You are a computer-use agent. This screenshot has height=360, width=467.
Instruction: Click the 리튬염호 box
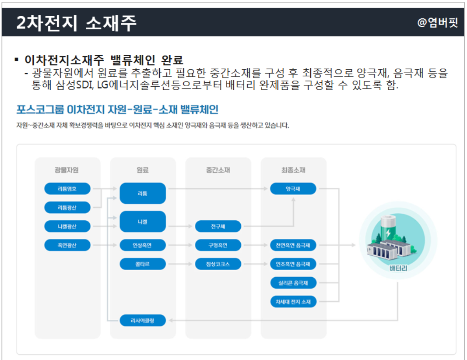pyautogui.click(x=67, y=189)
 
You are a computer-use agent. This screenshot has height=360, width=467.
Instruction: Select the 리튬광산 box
pyautogui.click(x=67, y=208)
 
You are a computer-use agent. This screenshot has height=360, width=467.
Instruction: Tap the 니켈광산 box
pyautogui.click(x=67, y=226)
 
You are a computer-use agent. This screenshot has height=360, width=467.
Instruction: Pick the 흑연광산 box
pyautogui.click(x=67, y=245)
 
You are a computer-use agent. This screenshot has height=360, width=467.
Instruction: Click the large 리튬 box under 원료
pyautogui.click(x=143, y=193)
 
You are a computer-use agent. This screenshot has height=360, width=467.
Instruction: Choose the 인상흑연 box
pyautogui.click(x=143, y=245)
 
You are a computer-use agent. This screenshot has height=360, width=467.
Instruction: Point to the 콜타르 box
pyautogui.click(x=143, y=264)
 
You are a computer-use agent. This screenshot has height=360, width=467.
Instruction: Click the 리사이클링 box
pyautogui.click(x=143, y=321)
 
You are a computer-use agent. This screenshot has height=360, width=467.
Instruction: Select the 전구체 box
pyautogui.click(x=218, y=226)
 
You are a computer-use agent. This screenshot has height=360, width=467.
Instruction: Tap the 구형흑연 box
pyautogui.click(x=218, y=245)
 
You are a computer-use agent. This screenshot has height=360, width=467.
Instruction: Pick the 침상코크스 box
pyautogui.click(x=218, y=264)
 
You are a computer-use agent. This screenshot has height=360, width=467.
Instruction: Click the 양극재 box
pyautogui.click(x=293, y=189)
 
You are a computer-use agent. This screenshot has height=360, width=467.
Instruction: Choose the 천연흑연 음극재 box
pyautogui.click(x=293, y=245)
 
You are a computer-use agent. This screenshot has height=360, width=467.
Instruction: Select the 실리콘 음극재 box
pyautogui.click(x=293, y=283)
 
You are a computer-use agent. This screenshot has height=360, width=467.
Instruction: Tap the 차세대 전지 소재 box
pyautogui.click(x=293, y=302)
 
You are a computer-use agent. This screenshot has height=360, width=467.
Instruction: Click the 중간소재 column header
pyautogui.click(x=218, y=170)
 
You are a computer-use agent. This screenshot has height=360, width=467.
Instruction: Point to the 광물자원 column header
pyautogui.click(x=67, y=170)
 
